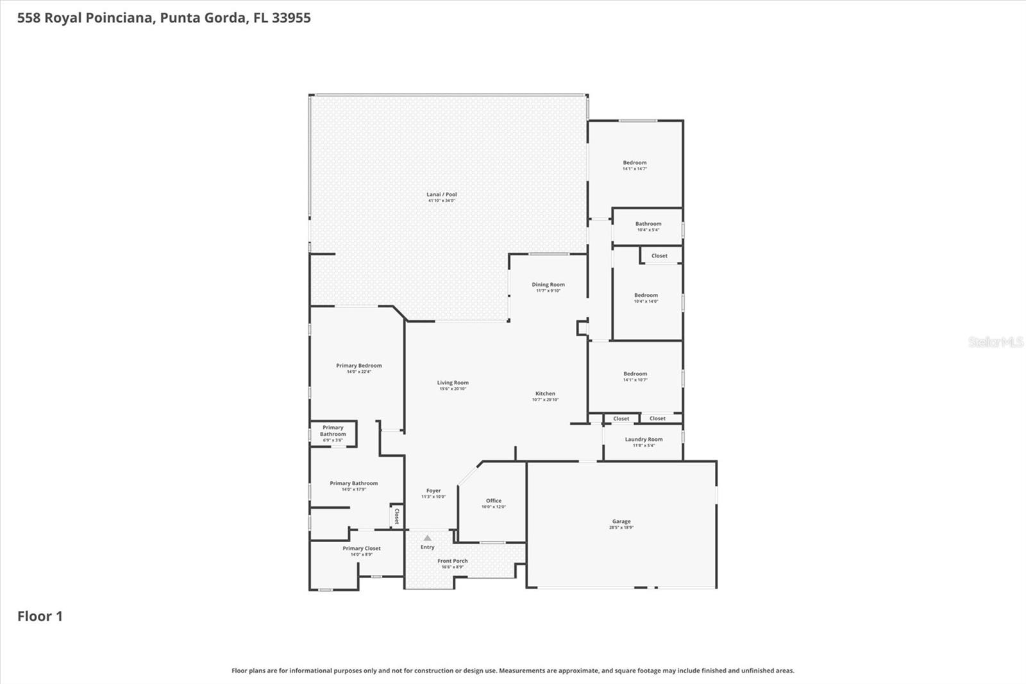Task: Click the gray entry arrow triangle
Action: point(428,538)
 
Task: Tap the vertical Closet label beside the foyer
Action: point(397,516)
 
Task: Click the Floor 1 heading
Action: point(40,616)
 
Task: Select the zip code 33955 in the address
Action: point(291,17)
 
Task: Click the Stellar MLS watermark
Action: point(995,342)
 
